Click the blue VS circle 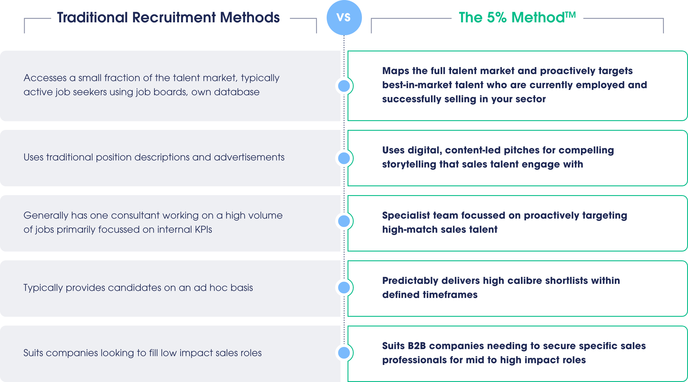[x=344, y=18]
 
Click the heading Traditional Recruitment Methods [x=168, y=17]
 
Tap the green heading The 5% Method [x=517, y=17]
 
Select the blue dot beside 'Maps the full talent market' [x=344, y=86]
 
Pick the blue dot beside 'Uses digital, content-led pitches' [x=344, y=158]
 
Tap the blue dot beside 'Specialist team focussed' [x=344, y=221]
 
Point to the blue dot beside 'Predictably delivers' [x=344, y=287]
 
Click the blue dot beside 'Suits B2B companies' [x=344, y=353]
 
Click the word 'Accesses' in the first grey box [x=45, y=78]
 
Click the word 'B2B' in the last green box [x=417, y=346]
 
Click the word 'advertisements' [x=249, y=157]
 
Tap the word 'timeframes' [x=450, y=295]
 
